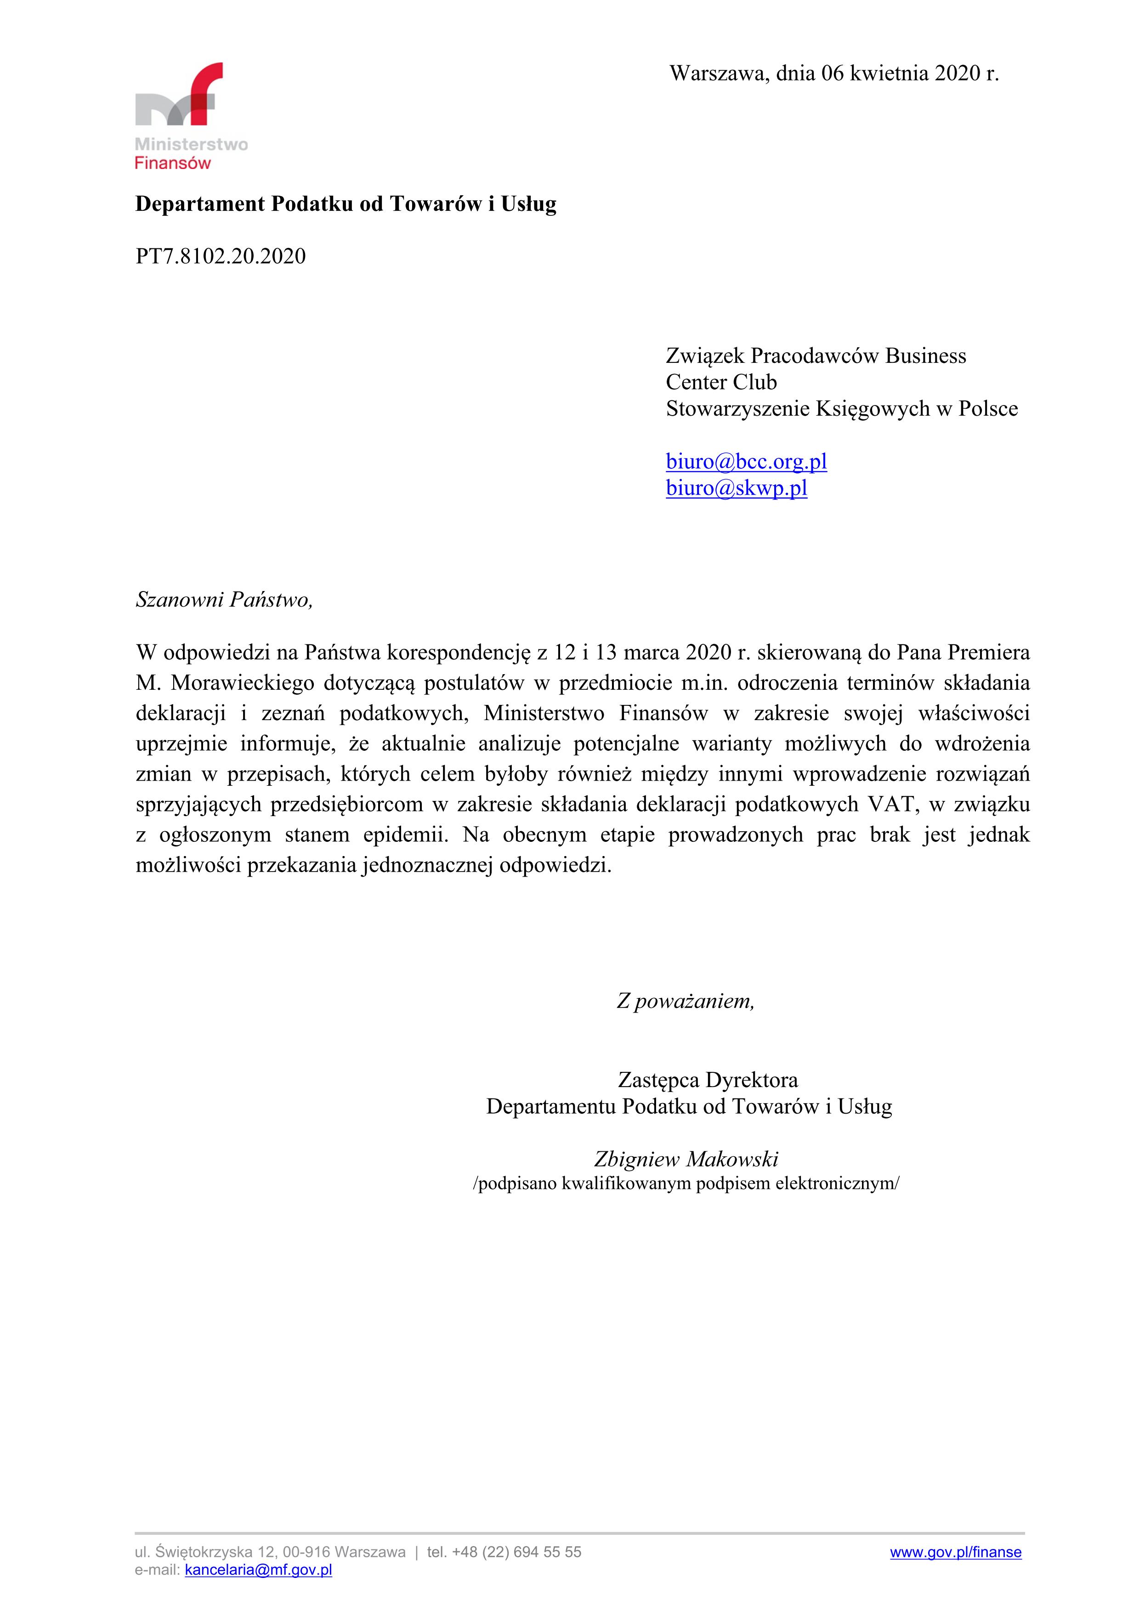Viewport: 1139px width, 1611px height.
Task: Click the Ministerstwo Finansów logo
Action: coord(190,116)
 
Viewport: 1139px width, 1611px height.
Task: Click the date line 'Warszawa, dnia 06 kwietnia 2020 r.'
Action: coord(834,73)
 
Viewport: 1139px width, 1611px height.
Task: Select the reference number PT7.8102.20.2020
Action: coord(221,256)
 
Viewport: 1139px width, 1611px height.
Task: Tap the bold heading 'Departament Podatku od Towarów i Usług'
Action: coord(345,204)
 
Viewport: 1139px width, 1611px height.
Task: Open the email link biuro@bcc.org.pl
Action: coord(746,462)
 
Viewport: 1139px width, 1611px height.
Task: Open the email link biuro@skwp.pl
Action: coord(736,488)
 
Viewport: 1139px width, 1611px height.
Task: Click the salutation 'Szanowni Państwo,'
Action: coord(224,600)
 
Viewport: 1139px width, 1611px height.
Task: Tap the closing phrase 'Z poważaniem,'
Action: coord(685,1001)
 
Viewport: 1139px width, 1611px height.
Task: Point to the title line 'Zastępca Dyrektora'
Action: coord(708,1080)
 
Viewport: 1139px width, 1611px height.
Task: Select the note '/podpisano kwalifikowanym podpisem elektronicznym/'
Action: coord(686,1184)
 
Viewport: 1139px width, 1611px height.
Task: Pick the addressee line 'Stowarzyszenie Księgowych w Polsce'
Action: coord(841,409)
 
